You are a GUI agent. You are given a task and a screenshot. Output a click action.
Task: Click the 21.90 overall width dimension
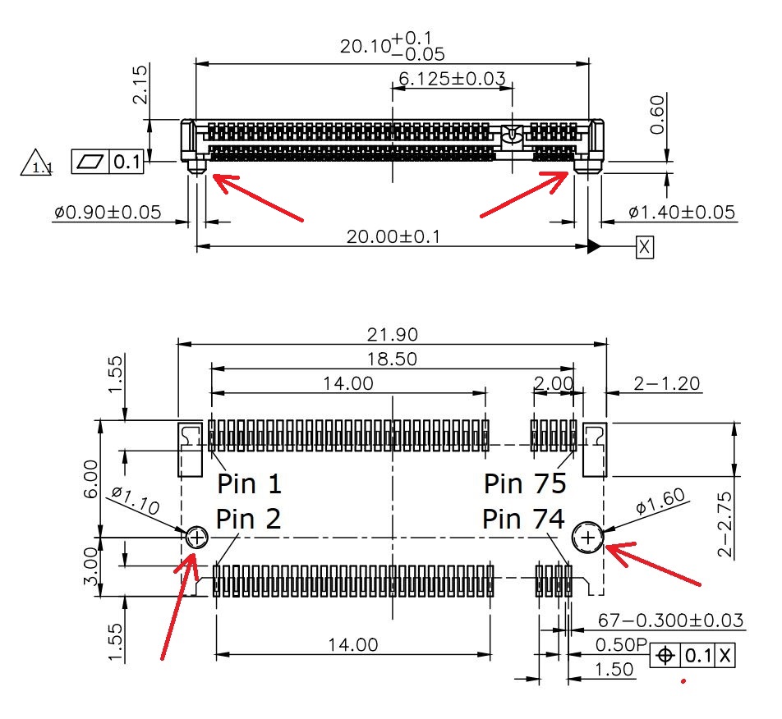tap(393, 334)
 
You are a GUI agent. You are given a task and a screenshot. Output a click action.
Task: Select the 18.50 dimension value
tap(393, 359)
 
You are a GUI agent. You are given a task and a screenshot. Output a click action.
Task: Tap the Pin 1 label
tap(249, 483)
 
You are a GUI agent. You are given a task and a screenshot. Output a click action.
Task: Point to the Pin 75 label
tap(525, 483)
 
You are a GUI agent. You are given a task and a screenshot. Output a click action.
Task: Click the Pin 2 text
tap(248, 519)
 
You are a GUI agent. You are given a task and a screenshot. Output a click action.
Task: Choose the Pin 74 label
tap(523, 519)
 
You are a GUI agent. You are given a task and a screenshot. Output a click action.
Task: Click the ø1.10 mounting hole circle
tap(196, 538)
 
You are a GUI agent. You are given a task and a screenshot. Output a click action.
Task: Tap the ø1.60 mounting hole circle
tap(588, 538)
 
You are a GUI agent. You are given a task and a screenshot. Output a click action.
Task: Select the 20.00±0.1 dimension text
tap(393, 236)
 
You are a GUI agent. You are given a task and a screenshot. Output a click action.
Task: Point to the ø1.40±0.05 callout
tap(683, 213)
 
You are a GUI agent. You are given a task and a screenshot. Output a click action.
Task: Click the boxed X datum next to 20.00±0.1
tap(645, 246)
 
